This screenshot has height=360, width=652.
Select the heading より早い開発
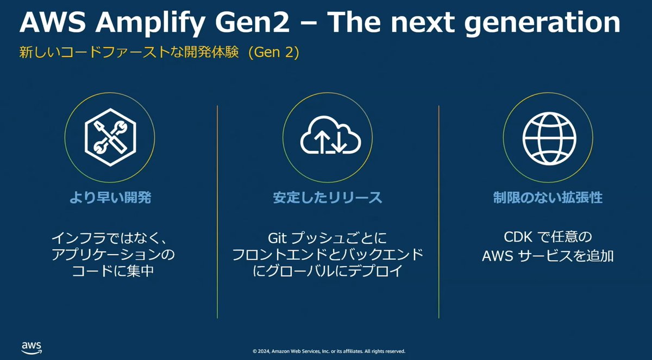pyautogui.click(x=110, y=198)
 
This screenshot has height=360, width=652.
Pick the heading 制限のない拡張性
pyautogui.click(x=548, y=198)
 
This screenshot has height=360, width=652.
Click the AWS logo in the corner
pyautogui.click(x=32, y=346)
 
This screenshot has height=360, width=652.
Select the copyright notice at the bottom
pyautogui.click(x=329, y=351)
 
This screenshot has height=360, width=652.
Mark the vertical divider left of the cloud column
pyautogui.click(x=217, y=212)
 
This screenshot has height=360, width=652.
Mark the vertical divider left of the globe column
pyautogui.click(x=439, y=212)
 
